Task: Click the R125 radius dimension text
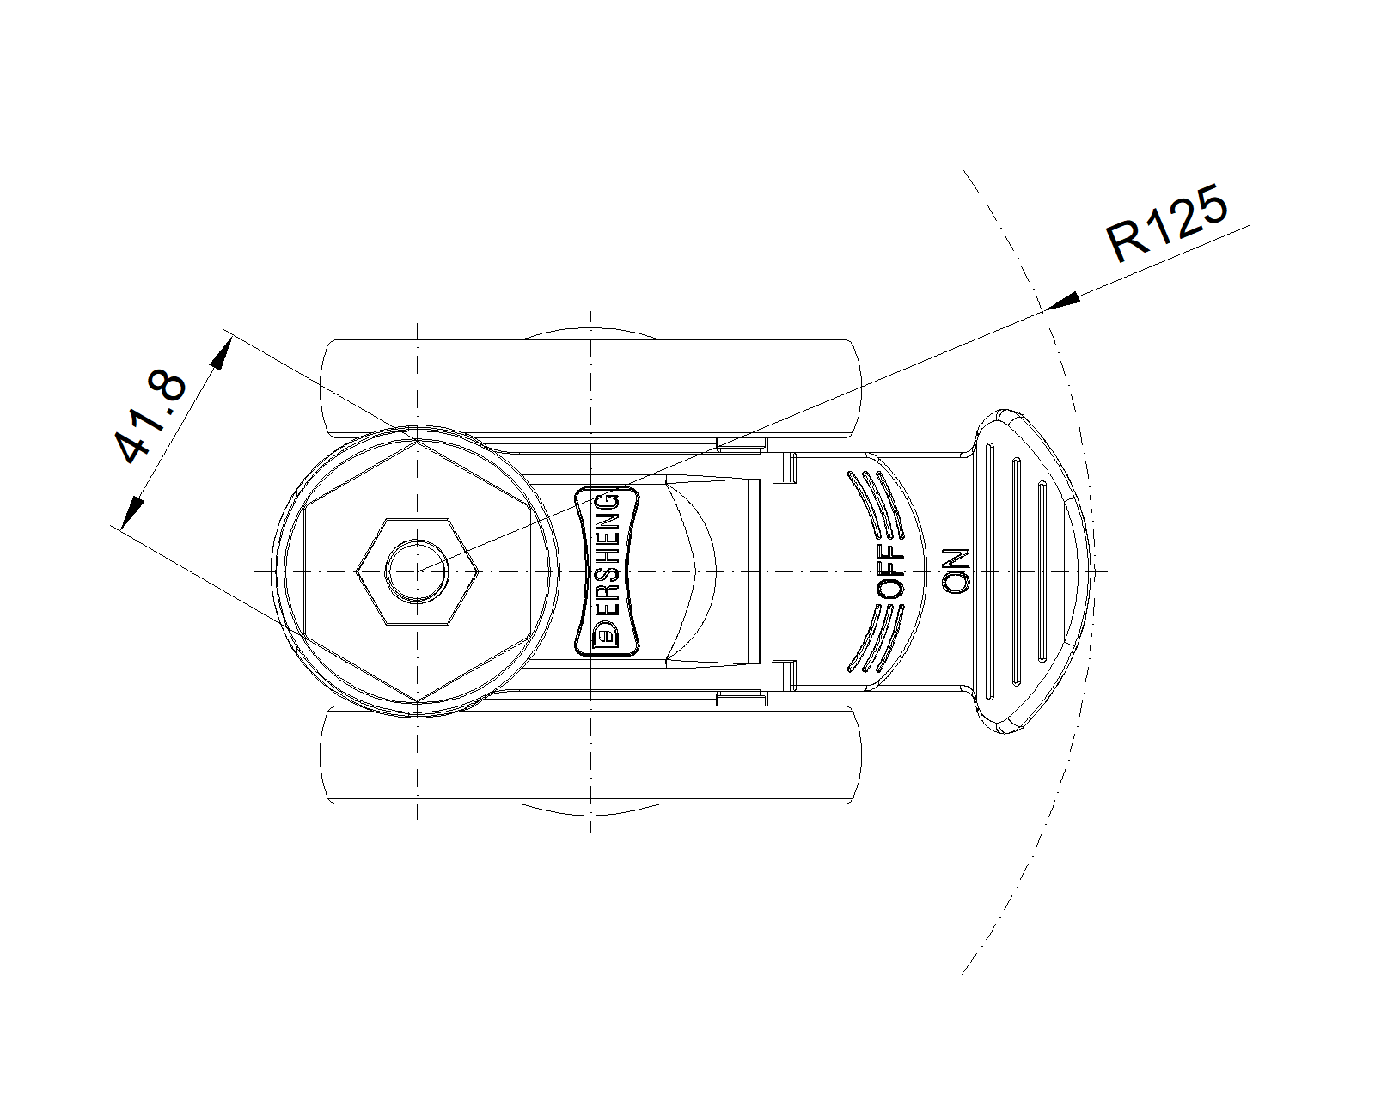click(x=1167, y=223)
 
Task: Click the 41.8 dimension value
click(x=150, y=417)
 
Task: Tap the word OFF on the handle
click(x=890, y=572)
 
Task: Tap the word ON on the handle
click(x=956, y=571)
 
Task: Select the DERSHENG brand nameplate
click(x=607, y=571)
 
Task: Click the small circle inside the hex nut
click(x=417, y=571)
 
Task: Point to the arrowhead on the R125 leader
click(x=1061, y=302)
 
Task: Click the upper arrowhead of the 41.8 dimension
click(x=221, y=352)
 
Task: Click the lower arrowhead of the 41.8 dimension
click(x=132, y=513)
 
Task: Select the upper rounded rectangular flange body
click(x=590, y=388)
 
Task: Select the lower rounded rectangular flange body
click(x=590, y=755)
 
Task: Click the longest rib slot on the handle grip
click(x=990, y=571)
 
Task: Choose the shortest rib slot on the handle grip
click(x=1042, y=571)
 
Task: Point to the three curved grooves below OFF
click(x=876, y=639)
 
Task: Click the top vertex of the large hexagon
click(x=418, y=440)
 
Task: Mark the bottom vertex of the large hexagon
click(x=418, y=702)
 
